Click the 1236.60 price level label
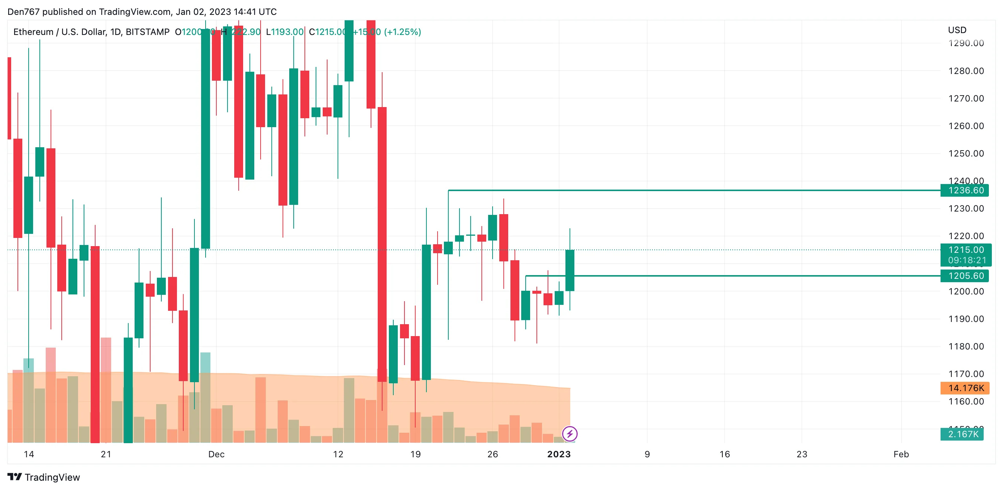tap(965, 190)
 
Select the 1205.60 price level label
tap(965, 276)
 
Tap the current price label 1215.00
tap(965, 250)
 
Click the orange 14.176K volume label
tap(965, 388)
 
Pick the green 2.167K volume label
tap(962, 434)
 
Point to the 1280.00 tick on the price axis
tap(965, 71)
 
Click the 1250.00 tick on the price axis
tap(965, 154)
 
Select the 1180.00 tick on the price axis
tap(965, 346)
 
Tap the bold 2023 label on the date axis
tap(559, 454)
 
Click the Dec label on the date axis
tap(216, 454)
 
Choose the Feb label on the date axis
tap(901, 454)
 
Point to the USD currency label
tap(957, 30)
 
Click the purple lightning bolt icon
tap(570, 433)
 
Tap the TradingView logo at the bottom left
tap(43, 477)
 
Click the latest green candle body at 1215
tap(570, 270)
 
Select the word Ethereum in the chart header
tap(33, 32)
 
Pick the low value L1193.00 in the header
tap(285, 32)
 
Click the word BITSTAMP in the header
tap(148, 32)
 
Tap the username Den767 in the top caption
tap(23, 12)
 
